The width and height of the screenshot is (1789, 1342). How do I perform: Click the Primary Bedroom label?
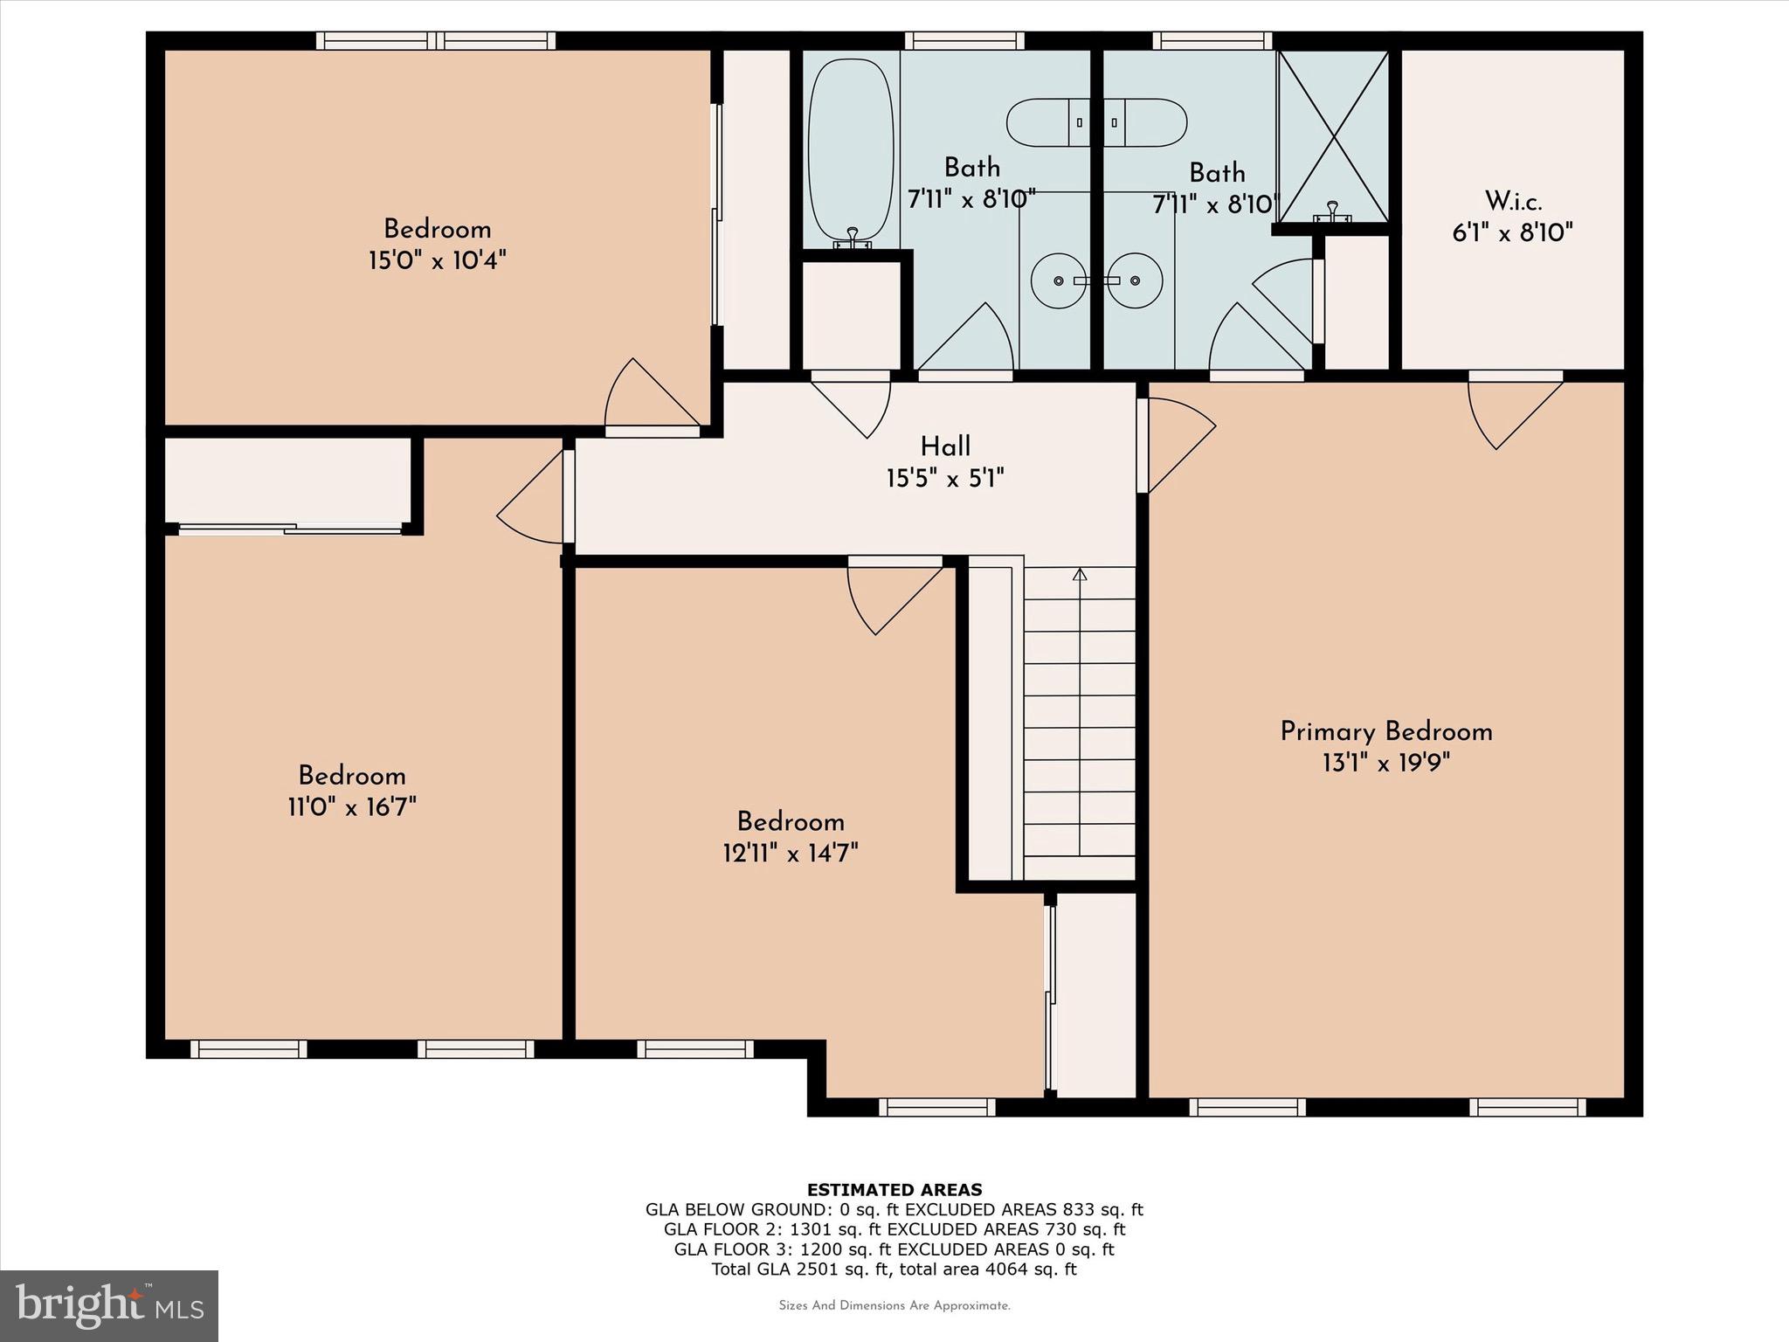coord(1385,731)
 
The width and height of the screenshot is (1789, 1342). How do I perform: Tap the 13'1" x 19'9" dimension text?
coord(1385,763)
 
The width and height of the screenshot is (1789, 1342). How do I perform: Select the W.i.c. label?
coord(1513,202)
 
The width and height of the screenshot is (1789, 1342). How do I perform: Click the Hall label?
coord(945,446)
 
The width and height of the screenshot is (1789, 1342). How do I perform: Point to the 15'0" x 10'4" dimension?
coord(437,260)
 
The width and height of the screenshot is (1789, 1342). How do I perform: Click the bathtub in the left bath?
coord(851,153)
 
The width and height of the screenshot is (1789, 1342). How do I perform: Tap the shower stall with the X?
coord(1333,135)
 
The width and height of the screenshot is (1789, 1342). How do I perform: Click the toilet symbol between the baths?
coord(1096,123)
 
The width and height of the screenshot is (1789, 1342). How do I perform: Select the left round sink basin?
coord(1059,280)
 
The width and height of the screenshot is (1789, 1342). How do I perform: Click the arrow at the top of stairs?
coord(1080,575)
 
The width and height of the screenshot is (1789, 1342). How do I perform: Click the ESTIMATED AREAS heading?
coord(894,1189)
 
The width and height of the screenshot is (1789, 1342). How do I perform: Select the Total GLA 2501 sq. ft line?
coord(894,1269)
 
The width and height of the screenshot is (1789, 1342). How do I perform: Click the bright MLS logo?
coord(109,1305)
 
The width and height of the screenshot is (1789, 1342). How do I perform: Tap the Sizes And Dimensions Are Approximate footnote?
coord(894,1305)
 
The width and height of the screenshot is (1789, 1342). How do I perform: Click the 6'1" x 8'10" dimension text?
coord(1513,233)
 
